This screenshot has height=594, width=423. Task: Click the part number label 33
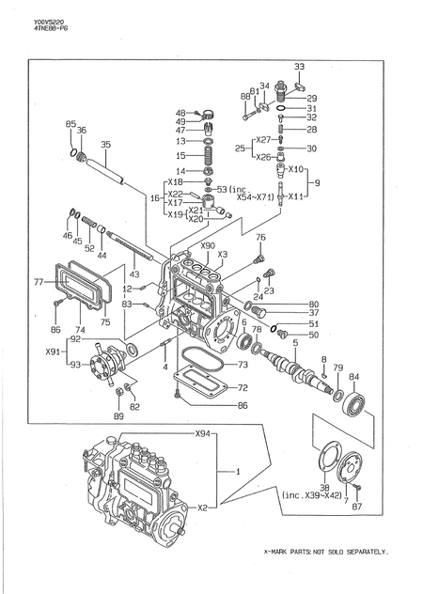[x=299, y=67]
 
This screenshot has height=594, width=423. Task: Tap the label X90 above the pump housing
[x=208, y=246]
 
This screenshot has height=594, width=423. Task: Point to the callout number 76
[x=261, y=238]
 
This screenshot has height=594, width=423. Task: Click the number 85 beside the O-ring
[x=70, y=124]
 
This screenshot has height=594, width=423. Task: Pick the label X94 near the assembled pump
[x=202, y=434]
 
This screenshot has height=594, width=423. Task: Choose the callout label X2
[x=202, y=507]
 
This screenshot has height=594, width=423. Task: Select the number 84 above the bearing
[x=353, y=377]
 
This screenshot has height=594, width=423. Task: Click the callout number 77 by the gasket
[x=39, y=281]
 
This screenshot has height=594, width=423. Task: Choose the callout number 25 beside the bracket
[x=242, y=148]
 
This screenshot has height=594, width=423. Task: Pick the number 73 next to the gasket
[x=243, y=365]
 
